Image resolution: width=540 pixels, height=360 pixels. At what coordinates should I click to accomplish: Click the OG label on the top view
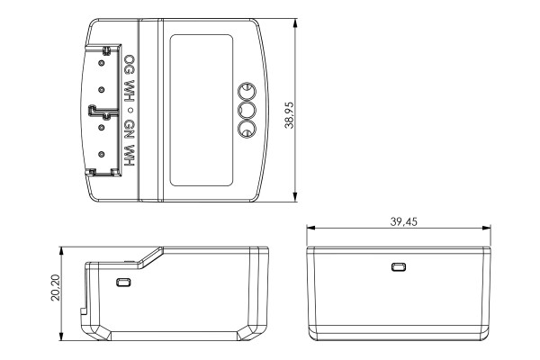[130, 67]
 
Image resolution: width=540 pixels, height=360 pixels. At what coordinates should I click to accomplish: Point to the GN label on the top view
[130, 127]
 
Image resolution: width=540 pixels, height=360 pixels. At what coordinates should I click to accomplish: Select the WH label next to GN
[130, 155]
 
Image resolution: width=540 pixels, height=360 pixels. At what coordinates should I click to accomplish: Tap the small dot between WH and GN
[130, 110]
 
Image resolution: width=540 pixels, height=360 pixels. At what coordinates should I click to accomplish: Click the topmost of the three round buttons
[246, 90]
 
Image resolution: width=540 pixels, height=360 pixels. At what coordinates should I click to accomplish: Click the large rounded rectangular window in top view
[202, 110]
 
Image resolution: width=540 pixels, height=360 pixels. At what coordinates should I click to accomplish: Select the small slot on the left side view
[124, 282]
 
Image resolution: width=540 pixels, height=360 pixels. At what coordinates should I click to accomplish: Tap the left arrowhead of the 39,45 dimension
[309, 228]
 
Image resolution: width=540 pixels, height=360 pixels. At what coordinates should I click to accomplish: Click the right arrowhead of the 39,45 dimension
[491, 228]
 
